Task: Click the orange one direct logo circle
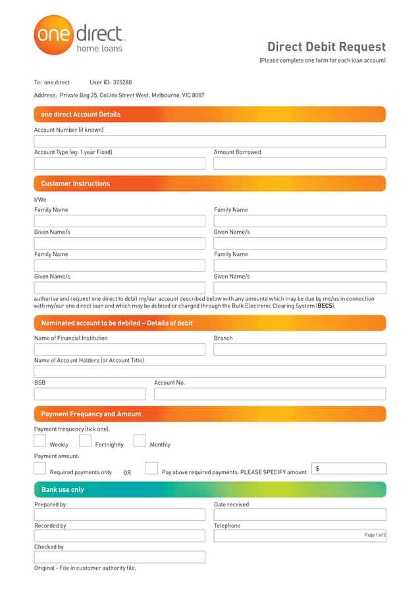click(53, 34)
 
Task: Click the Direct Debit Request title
click(326, 47)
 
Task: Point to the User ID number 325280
click(122, 83)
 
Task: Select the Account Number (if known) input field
click(209, 141)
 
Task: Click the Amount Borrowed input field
click(300, 163)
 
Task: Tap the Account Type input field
click(119, 163)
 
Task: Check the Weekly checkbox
click(40, 441)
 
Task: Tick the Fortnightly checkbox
click(85, 441)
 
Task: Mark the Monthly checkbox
click(140, 441)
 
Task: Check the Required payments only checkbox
click(40, 468)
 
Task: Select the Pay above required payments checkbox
click(151, 468)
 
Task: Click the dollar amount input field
click(349, 468)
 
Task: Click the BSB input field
click(90, 394)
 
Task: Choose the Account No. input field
click(269, 394)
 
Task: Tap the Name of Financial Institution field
click(119, 349)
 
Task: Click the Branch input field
click(300, 349)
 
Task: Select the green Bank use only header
click(209, 490)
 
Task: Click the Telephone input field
click(300, 536)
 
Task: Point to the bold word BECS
click(325, 306)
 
